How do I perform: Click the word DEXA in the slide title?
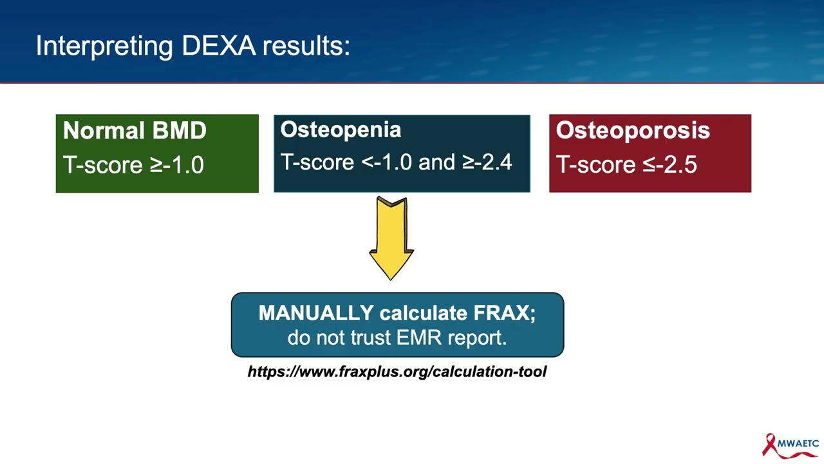pyautogui.click(x=218, y=46)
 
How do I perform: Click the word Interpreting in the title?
pyautogui.click(x=104, y=46)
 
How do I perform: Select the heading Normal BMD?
pyautogui.click(x=135, y=130)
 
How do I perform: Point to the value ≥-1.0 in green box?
pyautogui.click(x=177, y=165)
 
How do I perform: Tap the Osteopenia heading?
pyautogui.click(x=341, y=130)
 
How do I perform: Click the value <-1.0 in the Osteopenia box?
pyautogui.click(x=387, y=162)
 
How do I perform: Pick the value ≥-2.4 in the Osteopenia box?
pyautogui.click(x=487, y=162)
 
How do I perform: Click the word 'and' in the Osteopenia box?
pyautogui.click(x=436, y=162)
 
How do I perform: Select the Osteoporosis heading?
pyautogui.click(x=633, y=130)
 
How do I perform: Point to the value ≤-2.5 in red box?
pyautogui.click(x=670, y=165)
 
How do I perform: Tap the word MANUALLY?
pyautogui.click(x=315, y=313)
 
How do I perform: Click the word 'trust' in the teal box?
pyautogui.click(x=371, y=337)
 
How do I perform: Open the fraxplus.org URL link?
pyautogui.click(x=397, y=371)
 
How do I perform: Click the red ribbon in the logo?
pyautogui.click(x=769, y=445)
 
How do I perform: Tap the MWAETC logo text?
pyautogui.click(x=798, y=443)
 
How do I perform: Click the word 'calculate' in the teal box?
pyautogui.click(x=424, y=313)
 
